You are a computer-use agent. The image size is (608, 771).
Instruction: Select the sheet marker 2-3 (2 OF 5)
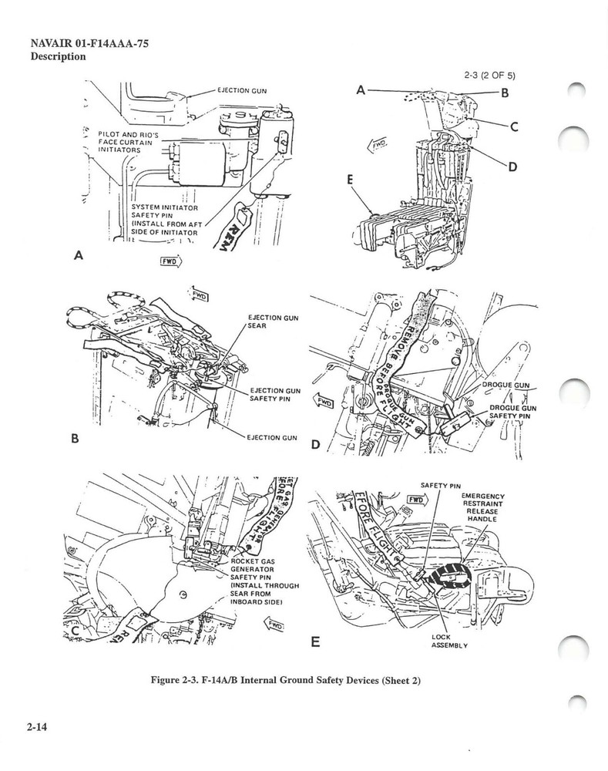pyautogui.click(x=489, y=76)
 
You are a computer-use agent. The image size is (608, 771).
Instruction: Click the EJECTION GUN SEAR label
pyautogui.click(x=274, y=322)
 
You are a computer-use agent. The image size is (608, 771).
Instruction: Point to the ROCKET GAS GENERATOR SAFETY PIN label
pyautogui.click(x=264, y=580)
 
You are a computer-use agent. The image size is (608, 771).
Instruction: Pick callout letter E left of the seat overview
pyautogui.click(x=350, y=179)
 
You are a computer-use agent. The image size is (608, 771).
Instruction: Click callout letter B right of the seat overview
pyautogui.click(x=505, y=94)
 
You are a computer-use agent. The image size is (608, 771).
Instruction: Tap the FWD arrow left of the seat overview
pyautogui.click(x=379, y=144)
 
